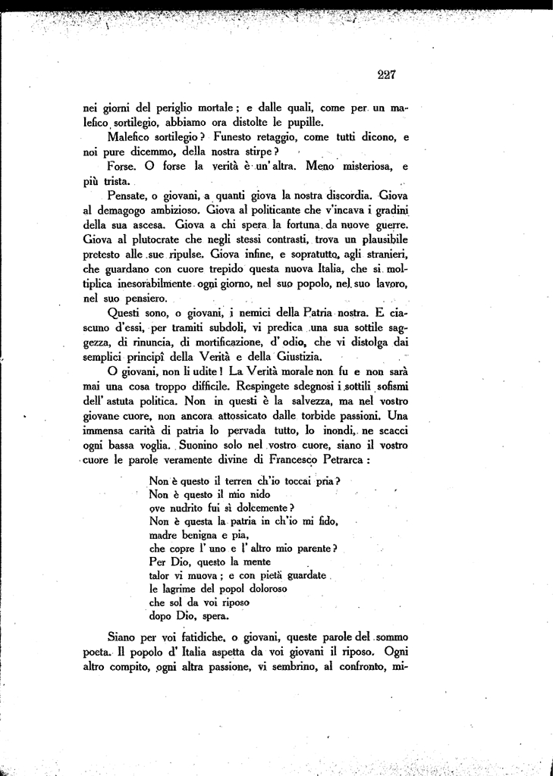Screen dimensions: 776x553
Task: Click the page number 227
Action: tap(386, 74)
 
